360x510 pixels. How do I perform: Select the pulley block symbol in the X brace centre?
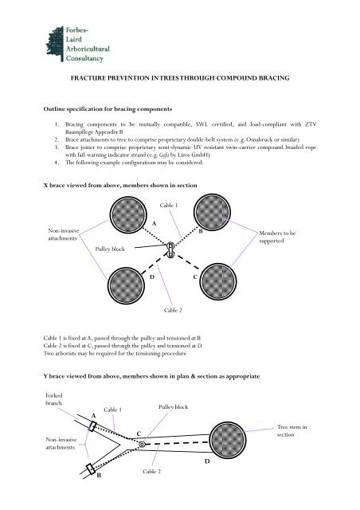click(x=169, y=250)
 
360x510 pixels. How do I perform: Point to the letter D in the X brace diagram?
click(x=152, y=277)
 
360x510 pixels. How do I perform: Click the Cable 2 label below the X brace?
click(x=173, y=331)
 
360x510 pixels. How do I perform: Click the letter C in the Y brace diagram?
click(x=139, y=433)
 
